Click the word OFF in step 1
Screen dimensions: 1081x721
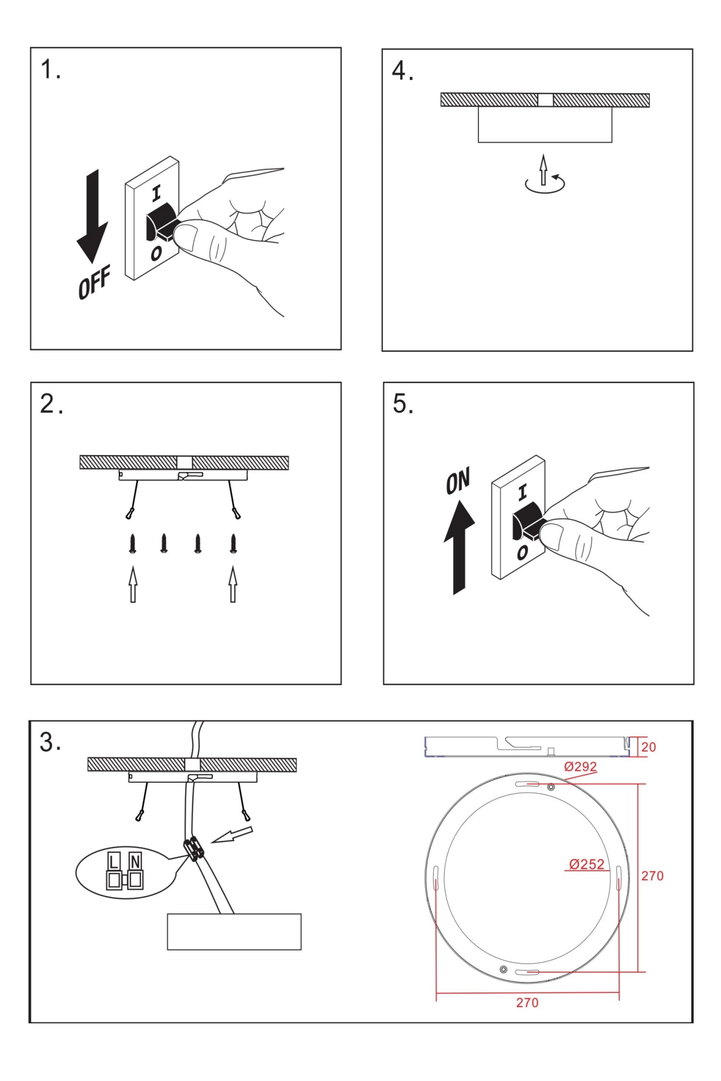click(x=94, y=283)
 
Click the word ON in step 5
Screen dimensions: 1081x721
click(x=458, y=481)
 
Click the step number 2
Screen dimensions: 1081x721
click(x=51, y=405)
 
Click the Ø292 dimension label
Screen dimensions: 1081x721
click(x=580, y=766)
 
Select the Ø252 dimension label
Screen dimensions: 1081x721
click(x=587, y=864)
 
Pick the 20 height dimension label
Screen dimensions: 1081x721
click(x=648, y=747)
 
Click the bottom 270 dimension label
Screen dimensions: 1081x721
click(x=527, y=1002)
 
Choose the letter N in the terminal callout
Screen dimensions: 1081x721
click(x=135, y=862)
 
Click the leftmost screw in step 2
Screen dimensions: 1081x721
click(x=133, y=544)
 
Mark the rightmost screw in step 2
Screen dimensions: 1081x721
click(x=233, y=544)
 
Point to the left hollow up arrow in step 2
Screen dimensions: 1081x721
click(x=133, y=584)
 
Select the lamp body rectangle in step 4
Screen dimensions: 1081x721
click(x=545, y=124)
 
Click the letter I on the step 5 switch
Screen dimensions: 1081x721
click(x=523, y=493)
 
